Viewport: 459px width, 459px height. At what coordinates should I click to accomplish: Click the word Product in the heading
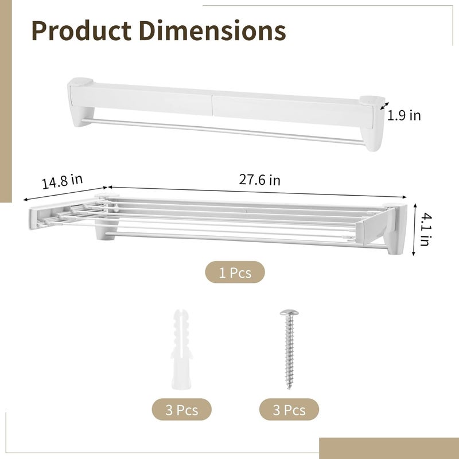pos(81,30)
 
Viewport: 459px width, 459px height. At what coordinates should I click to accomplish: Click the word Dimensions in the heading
pos(212,30)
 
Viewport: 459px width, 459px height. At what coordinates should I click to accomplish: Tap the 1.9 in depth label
pos(404,115)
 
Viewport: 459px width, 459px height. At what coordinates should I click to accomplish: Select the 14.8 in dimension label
pos(62,181)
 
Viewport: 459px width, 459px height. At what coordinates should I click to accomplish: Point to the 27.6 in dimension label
pos(259,180)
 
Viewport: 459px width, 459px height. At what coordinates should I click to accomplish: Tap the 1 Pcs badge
pos(235,272)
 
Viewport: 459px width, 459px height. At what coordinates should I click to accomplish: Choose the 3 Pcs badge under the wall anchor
pos(181,410)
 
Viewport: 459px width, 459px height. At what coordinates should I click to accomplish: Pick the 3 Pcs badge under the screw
pos(289,410)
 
